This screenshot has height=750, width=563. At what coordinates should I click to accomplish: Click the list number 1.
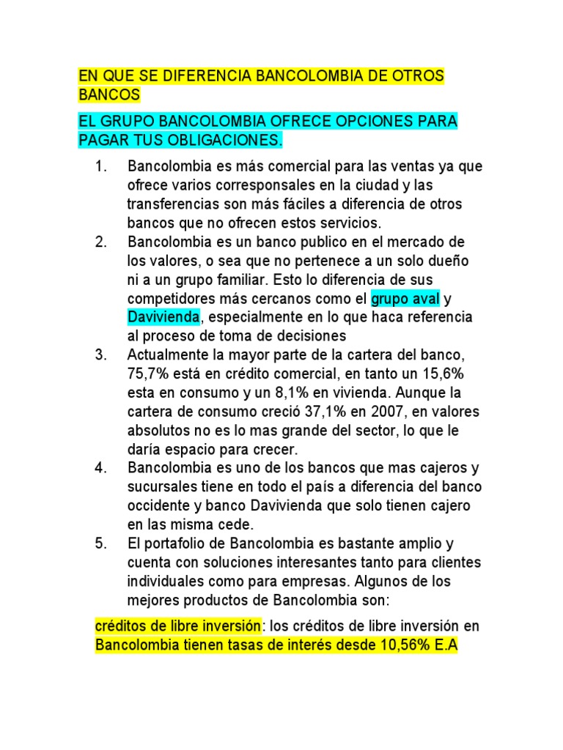click(x=101, y=166)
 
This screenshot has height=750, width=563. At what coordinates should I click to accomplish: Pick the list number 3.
click(x=101, y=354)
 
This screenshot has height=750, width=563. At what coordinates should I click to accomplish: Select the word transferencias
click(x=173, y=204)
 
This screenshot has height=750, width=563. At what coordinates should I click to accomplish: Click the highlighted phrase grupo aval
click(x=405, y=299)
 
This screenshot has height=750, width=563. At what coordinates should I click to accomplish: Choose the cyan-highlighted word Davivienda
click(x=163, y=317)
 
